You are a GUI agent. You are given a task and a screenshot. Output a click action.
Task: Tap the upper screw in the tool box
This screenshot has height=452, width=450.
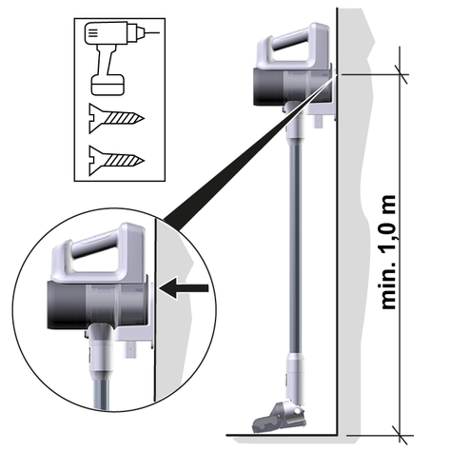click(x=116, y=118)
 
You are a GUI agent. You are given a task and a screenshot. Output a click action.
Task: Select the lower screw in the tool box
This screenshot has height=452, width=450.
click(x=116, y=161)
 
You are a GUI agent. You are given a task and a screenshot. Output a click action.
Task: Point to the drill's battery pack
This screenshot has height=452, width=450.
click(x=108, y=85)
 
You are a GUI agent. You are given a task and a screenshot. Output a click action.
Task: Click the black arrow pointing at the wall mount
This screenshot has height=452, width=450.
click(x=185, y=288)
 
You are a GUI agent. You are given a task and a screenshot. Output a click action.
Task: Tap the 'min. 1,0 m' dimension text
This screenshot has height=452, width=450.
click(x=388, y=252)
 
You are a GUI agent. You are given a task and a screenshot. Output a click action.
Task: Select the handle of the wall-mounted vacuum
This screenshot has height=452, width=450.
click(x=292, y=46)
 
